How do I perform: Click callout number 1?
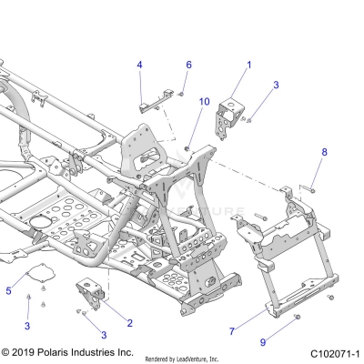click(x=249, y=66)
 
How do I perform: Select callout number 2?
click(x=129, y=323)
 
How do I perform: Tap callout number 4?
click(x=140, y=65)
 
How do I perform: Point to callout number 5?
click(x=9, y=290)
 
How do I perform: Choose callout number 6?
click(x=189, y=65)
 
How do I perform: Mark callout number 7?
click(x=233, y=333)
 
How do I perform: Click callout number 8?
click(x=323, y=152)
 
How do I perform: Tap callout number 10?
click(x=204, y=102)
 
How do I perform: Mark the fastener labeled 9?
click(x=297, y=316)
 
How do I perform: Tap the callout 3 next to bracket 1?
click(x=276, y=85)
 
